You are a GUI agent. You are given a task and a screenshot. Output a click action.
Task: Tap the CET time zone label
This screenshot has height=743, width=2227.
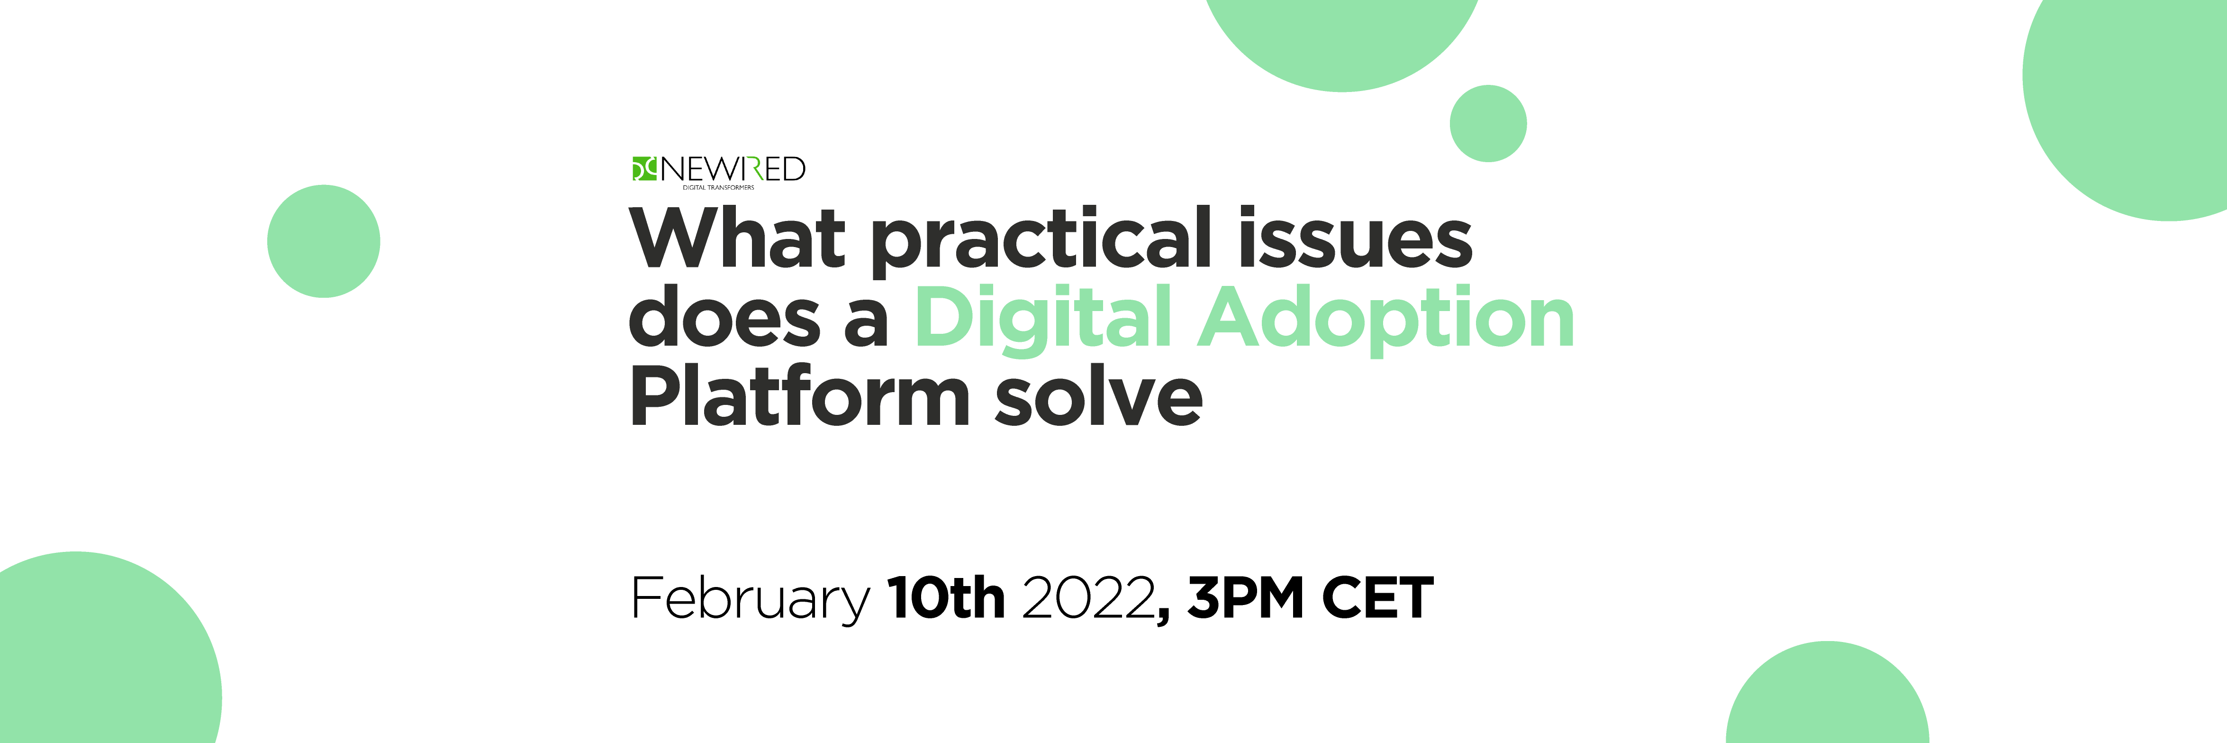click(x=1378, y=598)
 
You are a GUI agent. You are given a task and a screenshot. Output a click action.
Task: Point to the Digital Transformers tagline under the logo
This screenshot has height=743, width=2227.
click(x=718, y=187)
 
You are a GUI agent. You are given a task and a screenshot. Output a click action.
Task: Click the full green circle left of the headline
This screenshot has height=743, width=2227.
click(x=323, y=241)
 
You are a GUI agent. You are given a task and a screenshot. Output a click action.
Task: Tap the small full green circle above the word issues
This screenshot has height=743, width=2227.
click(x=1488, y=123)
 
